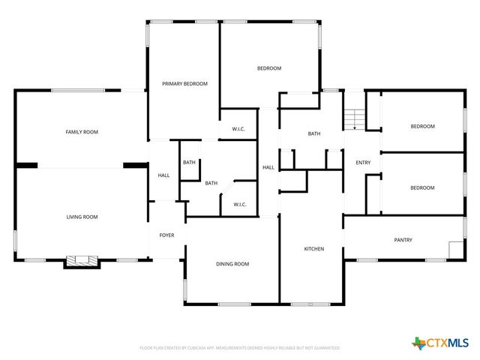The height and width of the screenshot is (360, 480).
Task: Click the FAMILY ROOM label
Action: point(82,132)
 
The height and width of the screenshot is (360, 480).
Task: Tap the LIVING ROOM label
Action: point(82,217)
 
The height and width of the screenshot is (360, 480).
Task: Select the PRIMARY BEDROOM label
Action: point(184,83)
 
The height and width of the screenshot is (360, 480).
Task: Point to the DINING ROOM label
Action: point(232,264)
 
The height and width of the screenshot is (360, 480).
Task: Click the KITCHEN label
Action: point(313,248)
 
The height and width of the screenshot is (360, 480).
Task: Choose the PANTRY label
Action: point(403,240)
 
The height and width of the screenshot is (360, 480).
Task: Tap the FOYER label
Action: point(166,235)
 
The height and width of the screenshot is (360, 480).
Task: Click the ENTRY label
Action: point(363,163)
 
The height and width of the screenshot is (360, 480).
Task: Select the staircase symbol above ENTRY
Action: point(355,118)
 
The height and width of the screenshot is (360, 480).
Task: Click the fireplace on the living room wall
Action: point(82,261)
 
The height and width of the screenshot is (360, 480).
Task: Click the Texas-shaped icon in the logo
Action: point(418,343)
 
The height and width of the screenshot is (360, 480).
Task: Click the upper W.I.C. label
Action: point(238,130)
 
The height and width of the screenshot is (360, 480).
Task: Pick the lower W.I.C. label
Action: point(240,204)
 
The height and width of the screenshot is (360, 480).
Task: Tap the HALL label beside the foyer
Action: point(163,175)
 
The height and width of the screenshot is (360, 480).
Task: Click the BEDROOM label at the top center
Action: point(269,68)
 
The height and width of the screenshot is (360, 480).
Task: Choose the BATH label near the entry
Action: point(314,134)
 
